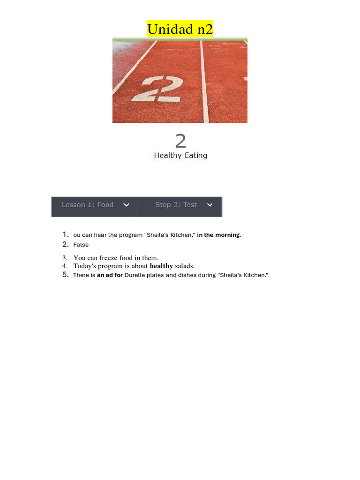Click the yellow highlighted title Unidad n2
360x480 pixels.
[x=180, y=29]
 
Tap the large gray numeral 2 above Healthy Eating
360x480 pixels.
[x=180, y=141]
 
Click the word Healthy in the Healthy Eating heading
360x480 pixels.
[x=167, y=156]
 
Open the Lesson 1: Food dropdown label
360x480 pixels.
[x=88, y=205]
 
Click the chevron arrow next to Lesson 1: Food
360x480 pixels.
[x=126, y=205]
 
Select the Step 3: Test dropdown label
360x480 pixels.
[x=176, y=205]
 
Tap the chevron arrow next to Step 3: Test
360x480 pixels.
[x=210, y=205]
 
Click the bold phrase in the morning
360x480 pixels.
[x=218, y=235]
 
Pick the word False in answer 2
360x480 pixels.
[x=81, y=245]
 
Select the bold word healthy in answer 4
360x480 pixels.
[x=161, y=266]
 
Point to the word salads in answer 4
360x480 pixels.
[x=184, y=266]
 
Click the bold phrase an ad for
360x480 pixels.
[x=110, y=275]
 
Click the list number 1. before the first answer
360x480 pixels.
[x=66, y=234]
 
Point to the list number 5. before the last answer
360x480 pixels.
[x=66, y=275]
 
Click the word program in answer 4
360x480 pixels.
[x=110, y=266]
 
